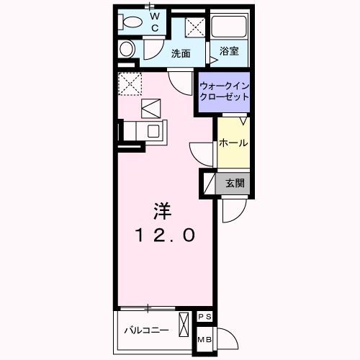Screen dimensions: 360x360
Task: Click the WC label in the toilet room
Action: pos(156,22)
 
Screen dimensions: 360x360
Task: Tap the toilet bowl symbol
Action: pos(130,22)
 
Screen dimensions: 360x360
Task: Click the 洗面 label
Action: pos(181,53)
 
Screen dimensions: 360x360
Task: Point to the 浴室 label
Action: pos(229,51)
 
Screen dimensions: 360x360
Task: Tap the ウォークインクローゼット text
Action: pos(225,91)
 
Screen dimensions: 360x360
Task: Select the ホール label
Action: pos(233,143)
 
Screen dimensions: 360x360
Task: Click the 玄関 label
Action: pos(235,184)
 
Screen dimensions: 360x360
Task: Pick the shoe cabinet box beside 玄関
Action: pos(210,183)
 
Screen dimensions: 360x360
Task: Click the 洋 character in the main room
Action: pos(162,211)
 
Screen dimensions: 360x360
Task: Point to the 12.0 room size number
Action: pos(166,235)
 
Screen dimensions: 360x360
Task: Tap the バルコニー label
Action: pos(146,330)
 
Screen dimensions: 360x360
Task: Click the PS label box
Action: pos(204,317)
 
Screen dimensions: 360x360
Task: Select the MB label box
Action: pos(204,340)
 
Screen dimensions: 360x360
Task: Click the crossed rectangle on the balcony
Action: pos(184,325)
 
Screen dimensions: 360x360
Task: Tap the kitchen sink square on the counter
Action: pos(153,131)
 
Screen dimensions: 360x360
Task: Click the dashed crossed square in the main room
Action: pos(130,84)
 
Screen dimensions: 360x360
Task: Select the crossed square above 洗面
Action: pos(195,27)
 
